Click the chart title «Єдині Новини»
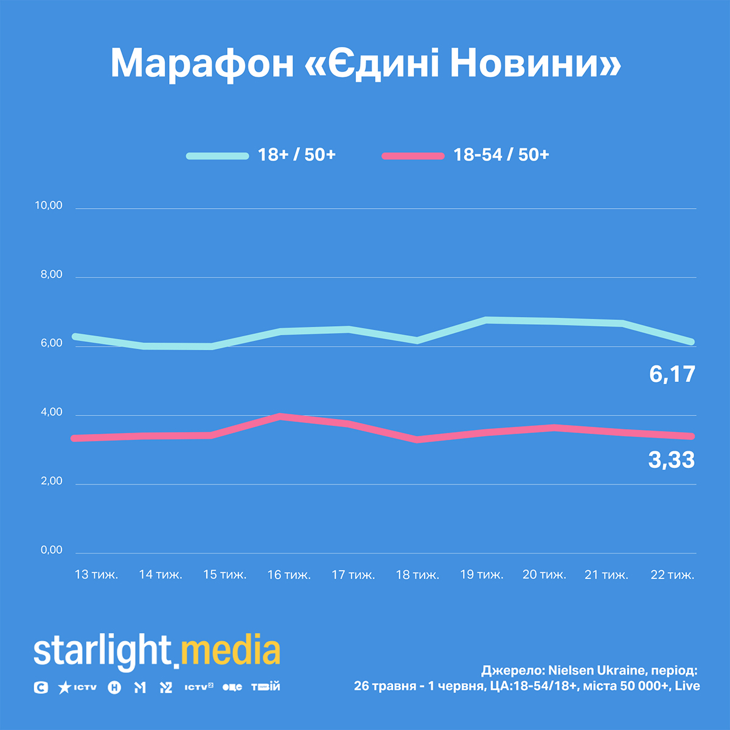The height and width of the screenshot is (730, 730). tap(366, 63)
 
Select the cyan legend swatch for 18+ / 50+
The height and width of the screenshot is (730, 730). tap(217, 156)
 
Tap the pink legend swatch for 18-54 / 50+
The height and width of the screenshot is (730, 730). tap(413, 156)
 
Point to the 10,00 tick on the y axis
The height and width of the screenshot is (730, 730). tap(49, 206)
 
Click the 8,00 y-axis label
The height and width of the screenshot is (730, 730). tap(52, 274)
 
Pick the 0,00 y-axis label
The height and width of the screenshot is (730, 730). tap(52, 550)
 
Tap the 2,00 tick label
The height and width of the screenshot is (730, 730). tap(52, 481)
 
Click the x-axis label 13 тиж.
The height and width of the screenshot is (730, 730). tap(96, 574)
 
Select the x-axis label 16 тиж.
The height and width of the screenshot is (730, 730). tap(289, 574)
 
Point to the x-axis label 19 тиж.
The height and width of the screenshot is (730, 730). tap(482, 574)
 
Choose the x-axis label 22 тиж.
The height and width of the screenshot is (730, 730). tap(672, 574)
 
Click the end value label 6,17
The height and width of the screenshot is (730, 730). tap(672, 374)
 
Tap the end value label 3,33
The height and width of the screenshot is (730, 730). tap(671, 460)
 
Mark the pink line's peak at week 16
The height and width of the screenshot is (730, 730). tap(280, 417)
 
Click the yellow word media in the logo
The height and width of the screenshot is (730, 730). tap(231, 651)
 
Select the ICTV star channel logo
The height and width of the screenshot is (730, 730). tap(77, 687)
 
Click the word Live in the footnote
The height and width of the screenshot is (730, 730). tap(687, 686)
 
